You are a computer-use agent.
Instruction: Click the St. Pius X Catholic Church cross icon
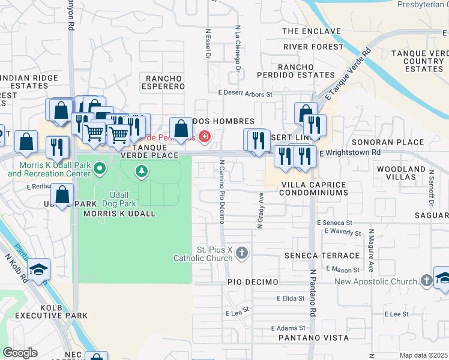point(242,253)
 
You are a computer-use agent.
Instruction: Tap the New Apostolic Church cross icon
point(426,281)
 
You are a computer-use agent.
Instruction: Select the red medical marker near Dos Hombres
point(205,137)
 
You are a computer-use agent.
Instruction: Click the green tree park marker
point(142,173)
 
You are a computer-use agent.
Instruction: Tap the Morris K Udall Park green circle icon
point(100,169)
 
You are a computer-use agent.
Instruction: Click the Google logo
point(20,353)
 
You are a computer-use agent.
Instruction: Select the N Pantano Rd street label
point(313,293)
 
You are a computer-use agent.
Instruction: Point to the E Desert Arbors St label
point(246,94)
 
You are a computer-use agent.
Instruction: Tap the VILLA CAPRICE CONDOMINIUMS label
point(315,188)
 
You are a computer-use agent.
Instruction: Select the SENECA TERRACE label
point(308,256)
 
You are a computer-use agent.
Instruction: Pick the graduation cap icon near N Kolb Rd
point(38,270)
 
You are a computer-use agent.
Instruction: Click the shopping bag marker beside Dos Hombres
point(181,128)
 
